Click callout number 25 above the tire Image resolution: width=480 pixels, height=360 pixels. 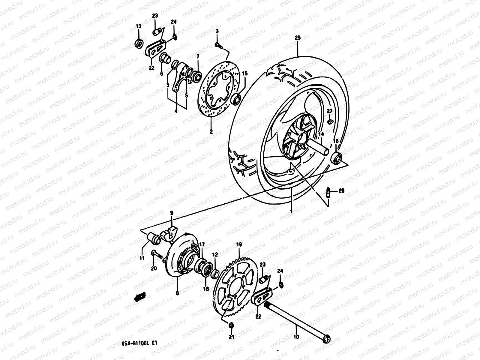click(x=297, y=38)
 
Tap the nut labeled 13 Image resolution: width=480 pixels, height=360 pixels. click(x=139, y=44)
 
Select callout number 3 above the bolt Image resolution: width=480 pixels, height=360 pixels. click(x=217, y=31)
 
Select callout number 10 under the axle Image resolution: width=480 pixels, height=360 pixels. click(x=296, y=337)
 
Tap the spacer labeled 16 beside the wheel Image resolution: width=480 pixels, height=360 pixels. click(x=337, y=158)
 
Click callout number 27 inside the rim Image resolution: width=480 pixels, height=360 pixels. click(x=329, y=111)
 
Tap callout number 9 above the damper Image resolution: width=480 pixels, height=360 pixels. click(x=172, y=213)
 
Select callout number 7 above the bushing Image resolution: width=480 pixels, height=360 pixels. click(x=197, y=56)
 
